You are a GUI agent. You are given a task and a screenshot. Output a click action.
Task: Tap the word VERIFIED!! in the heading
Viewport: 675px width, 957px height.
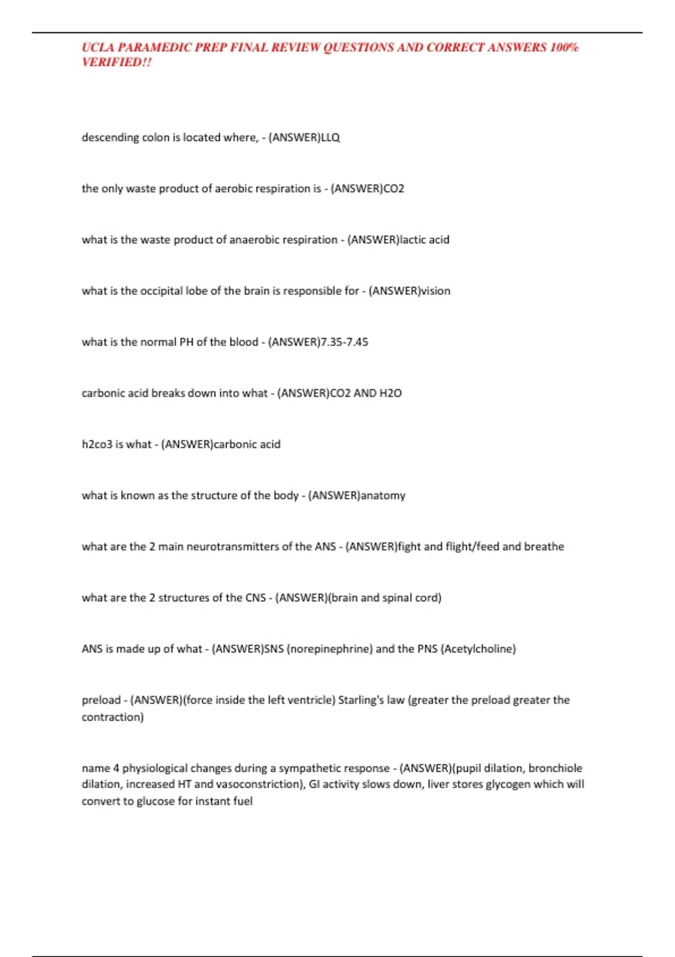(116, 62)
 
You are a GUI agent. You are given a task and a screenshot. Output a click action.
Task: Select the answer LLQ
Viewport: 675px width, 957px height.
(330, 137)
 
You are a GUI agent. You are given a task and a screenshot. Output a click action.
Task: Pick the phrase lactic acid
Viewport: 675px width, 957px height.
(424, 240)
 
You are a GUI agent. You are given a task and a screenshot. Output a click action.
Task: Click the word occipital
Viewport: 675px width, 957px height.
(161, 291)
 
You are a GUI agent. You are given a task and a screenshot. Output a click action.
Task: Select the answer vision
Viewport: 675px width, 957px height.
(436, 291)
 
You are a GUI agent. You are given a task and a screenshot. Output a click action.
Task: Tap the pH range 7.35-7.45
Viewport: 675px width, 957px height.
(344, 342)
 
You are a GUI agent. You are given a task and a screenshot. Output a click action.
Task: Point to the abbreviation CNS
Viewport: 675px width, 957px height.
(255, 598)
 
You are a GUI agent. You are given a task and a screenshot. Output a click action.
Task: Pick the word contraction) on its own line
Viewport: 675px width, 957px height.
(112, 717)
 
